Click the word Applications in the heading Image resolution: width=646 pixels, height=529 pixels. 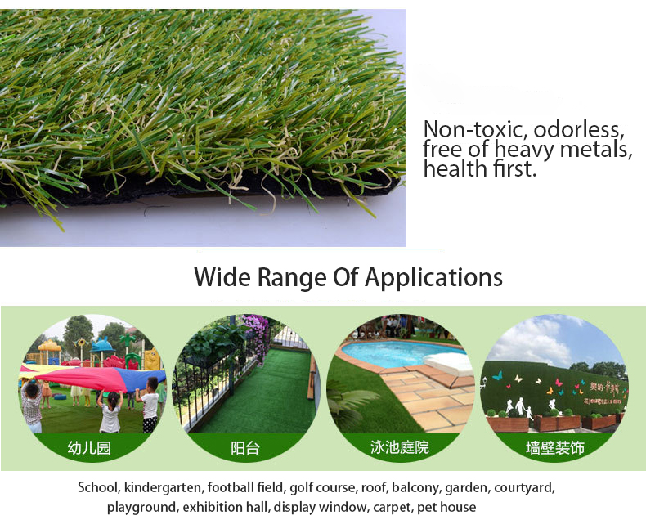[x=433, y=278]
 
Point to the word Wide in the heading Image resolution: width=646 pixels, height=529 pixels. [x=222, y=276]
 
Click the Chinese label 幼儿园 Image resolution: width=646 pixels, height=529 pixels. [x=89, y=447]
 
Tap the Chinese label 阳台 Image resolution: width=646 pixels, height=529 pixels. [x=245, y=447]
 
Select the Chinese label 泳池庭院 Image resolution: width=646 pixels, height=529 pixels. [x=400, y=447]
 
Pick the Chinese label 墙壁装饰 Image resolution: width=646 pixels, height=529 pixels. [x=555, y=447]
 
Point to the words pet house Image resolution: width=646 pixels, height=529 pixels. [x=446, y=507]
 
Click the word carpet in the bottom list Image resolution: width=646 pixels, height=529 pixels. [x=392, y=507]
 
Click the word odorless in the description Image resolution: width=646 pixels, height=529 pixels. [x=579, y=129]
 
